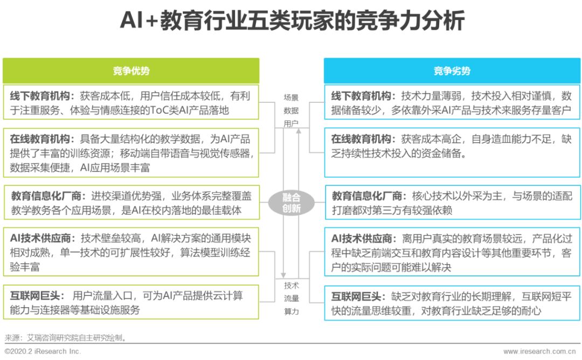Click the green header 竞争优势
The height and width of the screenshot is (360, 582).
click(131, 71)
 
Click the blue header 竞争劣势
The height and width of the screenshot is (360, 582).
click(452, 71)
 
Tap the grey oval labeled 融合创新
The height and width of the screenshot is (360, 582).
click(291, 203)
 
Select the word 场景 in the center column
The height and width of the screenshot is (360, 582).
click(291, 98)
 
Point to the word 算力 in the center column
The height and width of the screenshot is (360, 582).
click(291, 311)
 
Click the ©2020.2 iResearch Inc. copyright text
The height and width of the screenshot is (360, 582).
click(43, 351)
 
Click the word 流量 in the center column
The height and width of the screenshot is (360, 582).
click(291, 299)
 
